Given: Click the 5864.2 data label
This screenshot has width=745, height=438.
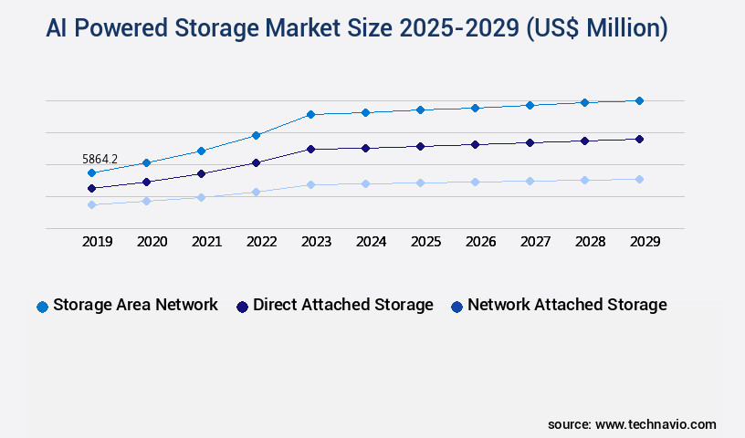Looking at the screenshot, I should (99, 159).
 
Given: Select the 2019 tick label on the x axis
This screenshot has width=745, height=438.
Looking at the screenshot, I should (98, 242).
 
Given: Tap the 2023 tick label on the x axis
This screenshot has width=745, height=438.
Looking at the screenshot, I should (317, 242).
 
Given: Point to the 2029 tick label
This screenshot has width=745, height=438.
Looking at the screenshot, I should (645, 242).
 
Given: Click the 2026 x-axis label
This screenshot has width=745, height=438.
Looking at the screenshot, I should (481, 242).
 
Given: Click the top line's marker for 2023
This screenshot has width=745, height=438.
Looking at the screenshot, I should (310, 114).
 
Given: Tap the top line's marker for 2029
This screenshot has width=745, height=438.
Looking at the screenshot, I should (639, 100).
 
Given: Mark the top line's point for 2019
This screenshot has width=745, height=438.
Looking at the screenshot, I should (91, 172).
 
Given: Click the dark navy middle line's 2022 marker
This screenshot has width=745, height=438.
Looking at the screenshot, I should (256, 162).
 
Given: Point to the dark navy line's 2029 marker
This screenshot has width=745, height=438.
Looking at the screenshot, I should (639, 139).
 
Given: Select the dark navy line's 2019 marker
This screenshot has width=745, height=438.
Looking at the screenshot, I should (91, 188).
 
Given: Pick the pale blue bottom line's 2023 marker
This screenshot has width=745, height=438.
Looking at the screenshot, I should (310, 184).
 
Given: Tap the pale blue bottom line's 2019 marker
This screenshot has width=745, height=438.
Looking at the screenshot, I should (91, 204).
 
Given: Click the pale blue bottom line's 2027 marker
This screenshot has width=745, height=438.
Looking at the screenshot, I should (530, 181).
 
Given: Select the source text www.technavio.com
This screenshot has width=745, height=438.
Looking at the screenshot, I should (656, 424).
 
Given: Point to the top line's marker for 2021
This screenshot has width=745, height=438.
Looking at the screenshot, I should (201, 151).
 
